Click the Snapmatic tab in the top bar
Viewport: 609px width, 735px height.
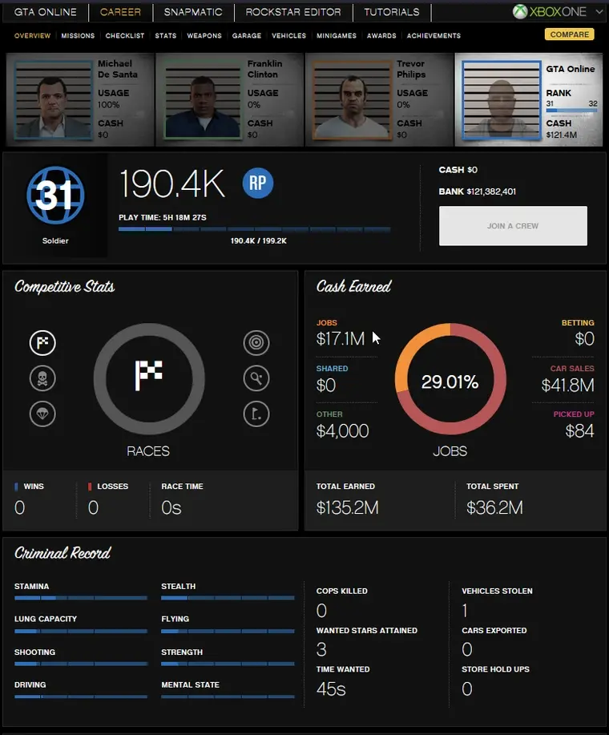(193, 12)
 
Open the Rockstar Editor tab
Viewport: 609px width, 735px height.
(293, 12)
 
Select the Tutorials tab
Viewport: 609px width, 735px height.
(391, 12)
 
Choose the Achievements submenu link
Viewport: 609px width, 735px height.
(434, 36)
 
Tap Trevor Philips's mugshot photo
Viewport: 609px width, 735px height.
(349, 101)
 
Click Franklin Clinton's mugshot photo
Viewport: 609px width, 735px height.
(200, 101)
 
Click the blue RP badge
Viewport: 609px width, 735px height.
(258, 184)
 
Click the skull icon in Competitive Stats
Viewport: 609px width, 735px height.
(42, 378)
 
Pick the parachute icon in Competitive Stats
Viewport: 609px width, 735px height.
(42, 414)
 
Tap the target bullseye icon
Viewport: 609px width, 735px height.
(256, 343)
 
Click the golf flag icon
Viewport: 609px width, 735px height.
(256, 414)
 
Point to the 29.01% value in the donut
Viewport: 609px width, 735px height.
(450, 382)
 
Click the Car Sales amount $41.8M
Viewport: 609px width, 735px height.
(567, 386)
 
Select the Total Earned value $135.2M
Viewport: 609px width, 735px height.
(347, 507)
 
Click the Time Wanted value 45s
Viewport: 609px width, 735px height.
(331, 689)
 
